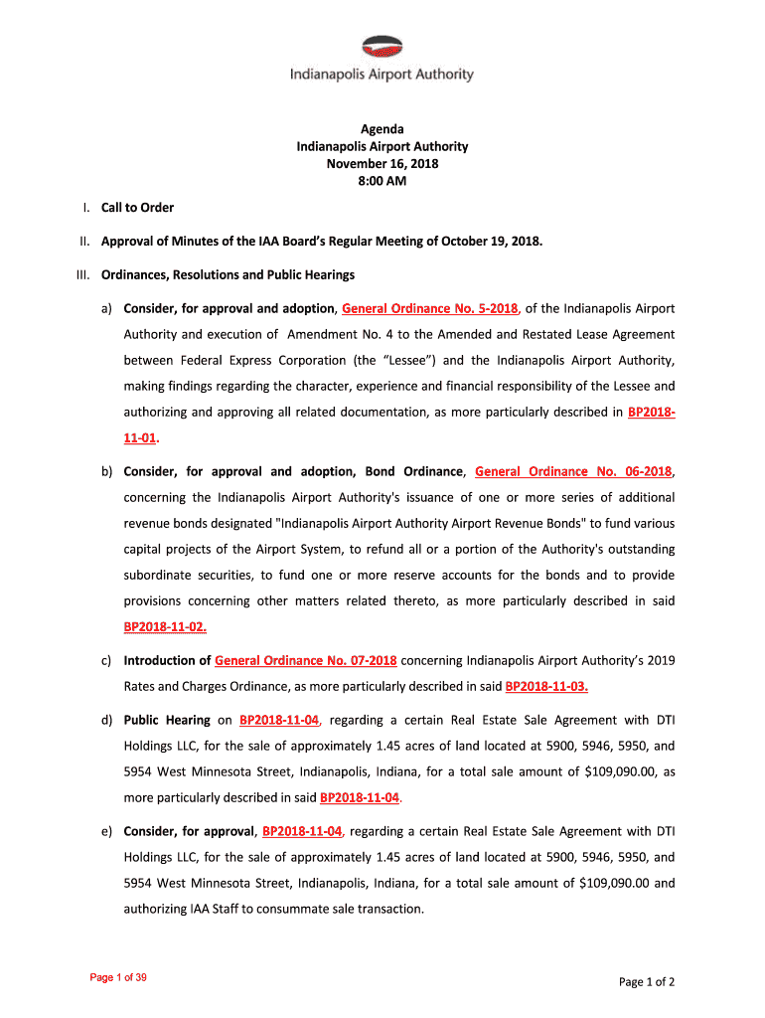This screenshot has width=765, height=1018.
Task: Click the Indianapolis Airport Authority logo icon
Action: pos(382,47)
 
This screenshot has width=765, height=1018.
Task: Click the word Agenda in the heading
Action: pos(382,129)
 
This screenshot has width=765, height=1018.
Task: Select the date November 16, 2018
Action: pos(382,164)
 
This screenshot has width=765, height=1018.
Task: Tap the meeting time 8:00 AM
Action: pos(382,181)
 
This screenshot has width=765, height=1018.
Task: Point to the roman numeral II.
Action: pos(85,241)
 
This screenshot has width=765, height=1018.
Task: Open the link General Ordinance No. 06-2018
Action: pos(573,471)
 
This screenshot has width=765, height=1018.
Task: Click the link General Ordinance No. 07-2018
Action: pos(306,660)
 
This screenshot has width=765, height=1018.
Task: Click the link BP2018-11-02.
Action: pos(165,626)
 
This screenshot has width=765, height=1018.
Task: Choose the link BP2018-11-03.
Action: pos(553,686)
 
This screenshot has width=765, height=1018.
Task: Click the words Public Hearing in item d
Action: pos(167,720)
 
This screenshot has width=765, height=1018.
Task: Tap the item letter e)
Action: pos(106,831)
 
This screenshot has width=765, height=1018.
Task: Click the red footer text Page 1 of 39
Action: pos(118,978)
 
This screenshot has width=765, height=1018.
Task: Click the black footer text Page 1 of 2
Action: pos(647,982)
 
